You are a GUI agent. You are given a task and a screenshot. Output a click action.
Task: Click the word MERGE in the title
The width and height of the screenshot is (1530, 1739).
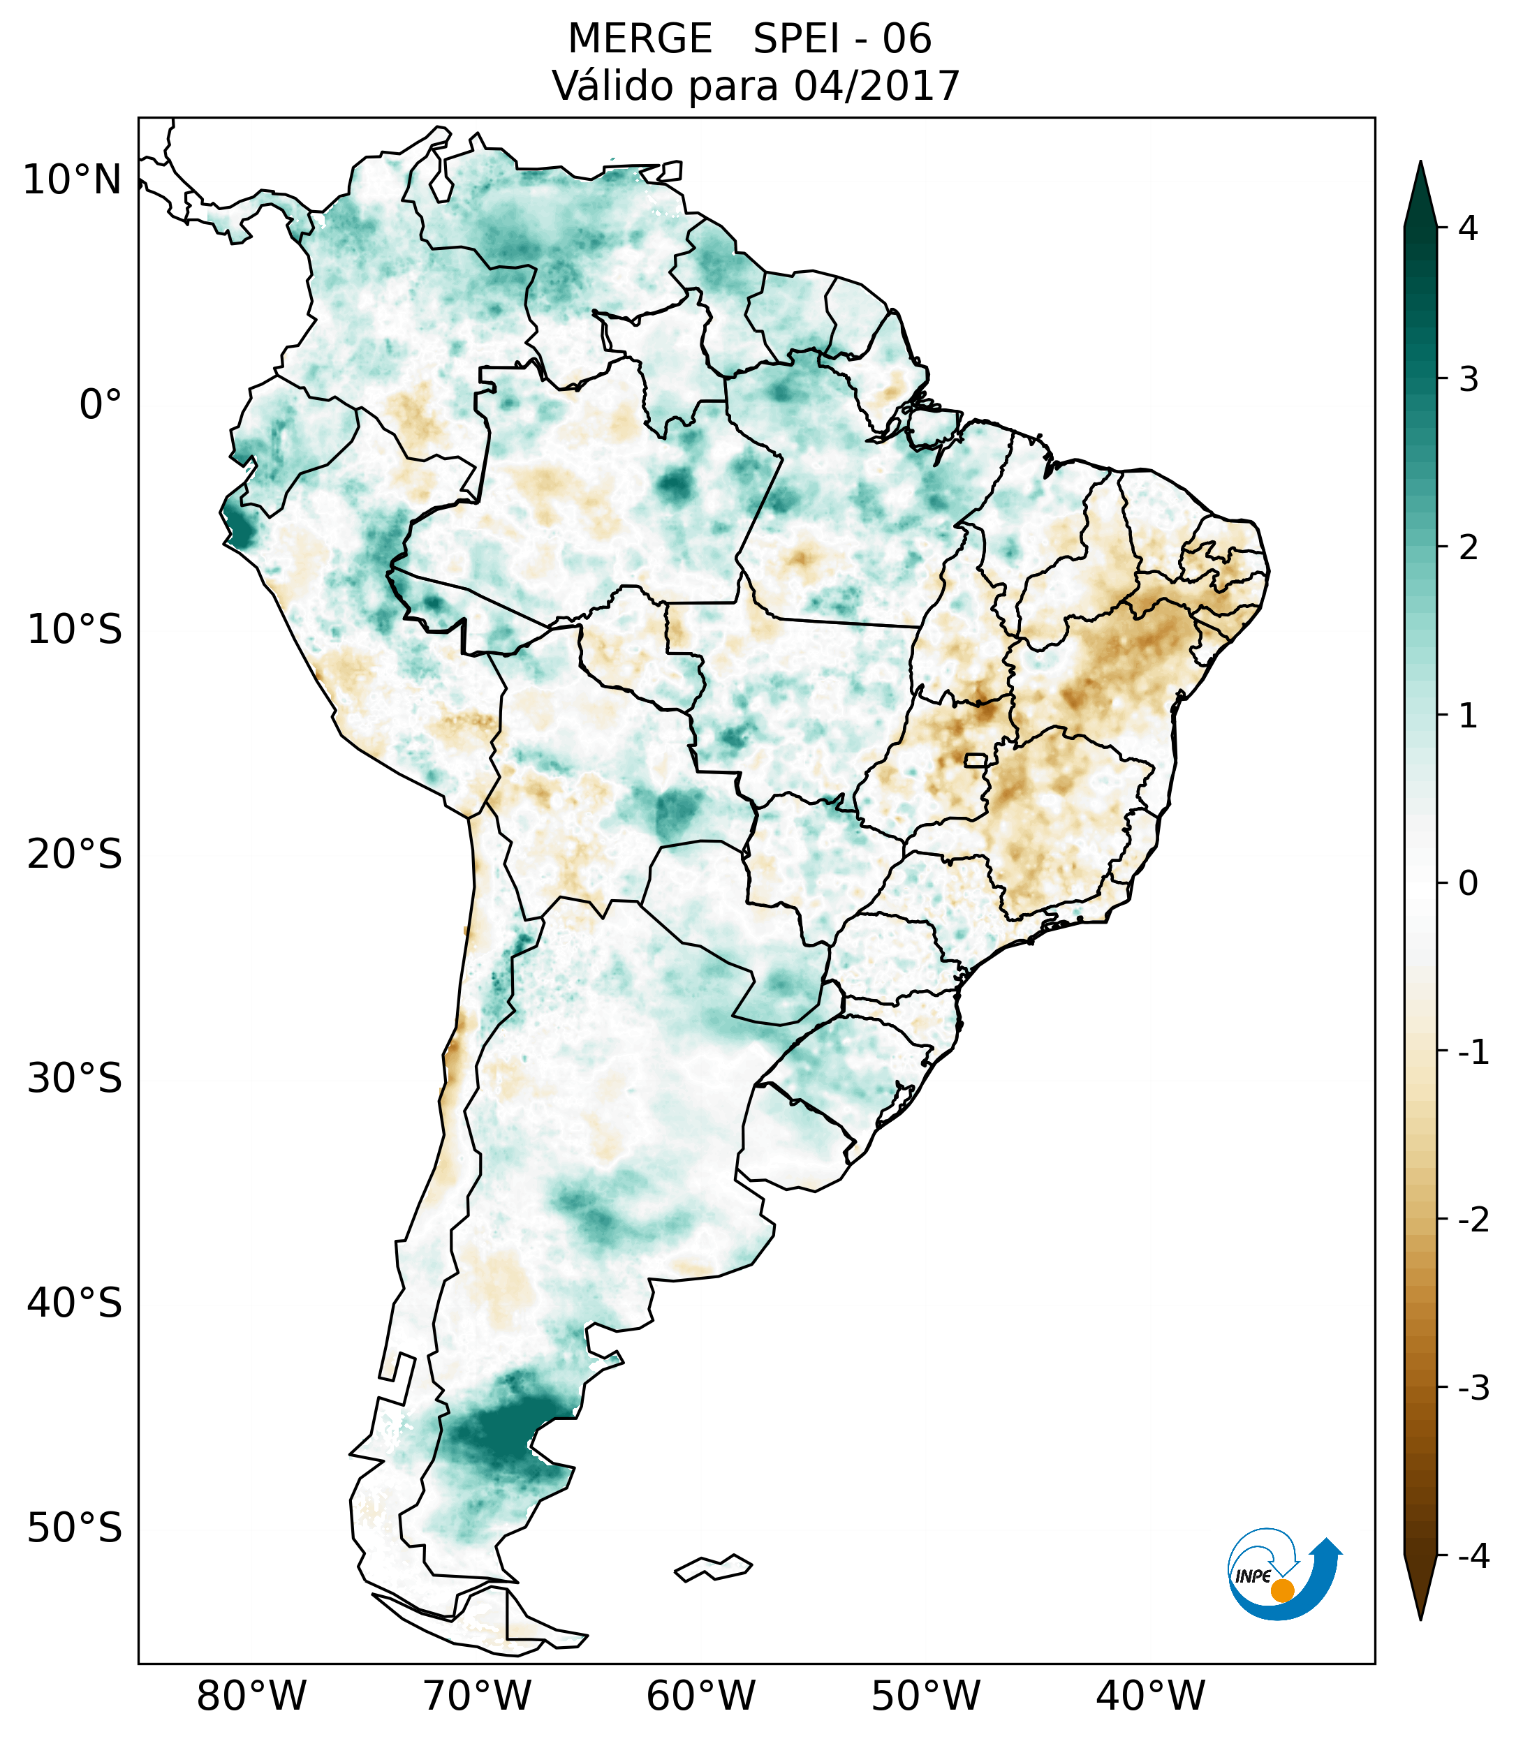click(x=639, y=39)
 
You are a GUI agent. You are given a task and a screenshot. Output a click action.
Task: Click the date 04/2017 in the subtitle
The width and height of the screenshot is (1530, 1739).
click(x=876, y=86)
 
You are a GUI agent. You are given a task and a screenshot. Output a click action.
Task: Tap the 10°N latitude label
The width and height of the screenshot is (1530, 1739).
click(x=73, y=180)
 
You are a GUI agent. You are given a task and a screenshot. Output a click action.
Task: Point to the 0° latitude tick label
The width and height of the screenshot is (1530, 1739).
click(x=101, y=405)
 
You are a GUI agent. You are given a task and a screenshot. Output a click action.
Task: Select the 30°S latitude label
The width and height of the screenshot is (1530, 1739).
click(x=75, y=1079)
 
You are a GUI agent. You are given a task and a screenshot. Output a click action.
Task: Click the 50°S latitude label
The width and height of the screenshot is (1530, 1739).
click(x=75, y=1528)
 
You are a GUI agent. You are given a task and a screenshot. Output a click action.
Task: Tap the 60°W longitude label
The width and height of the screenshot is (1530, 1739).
click(x=700, y=1695)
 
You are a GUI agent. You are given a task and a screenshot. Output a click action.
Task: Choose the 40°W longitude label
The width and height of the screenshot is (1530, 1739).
click(x=1149, y=1695)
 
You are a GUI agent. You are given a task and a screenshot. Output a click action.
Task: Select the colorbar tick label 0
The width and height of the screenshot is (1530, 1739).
click(x=1468, y=884)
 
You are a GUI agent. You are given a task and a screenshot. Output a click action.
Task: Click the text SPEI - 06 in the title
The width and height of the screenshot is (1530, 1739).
click(x=841, y=39)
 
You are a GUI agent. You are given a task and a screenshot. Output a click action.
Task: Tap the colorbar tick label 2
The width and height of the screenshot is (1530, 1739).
click(x=1468, y=548)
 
